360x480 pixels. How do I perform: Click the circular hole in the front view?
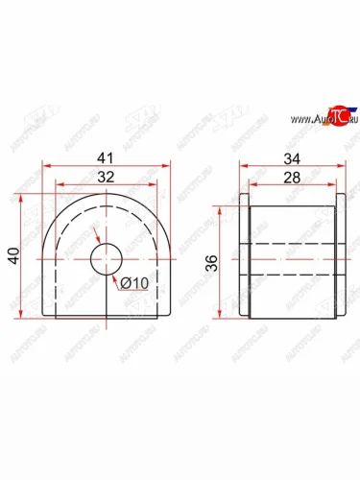107,258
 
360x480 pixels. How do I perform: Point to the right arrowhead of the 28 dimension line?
332,184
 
